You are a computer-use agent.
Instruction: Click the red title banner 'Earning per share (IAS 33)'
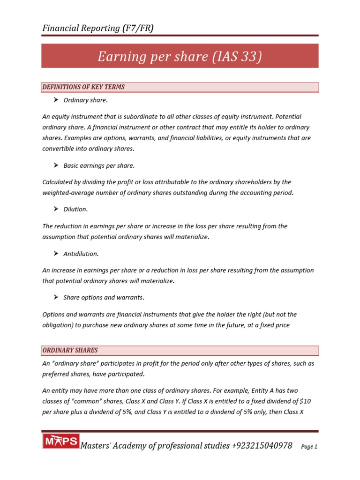tap(180, 56)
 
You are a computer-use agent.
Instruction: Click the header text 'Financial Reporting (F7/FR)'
tap(98, 28)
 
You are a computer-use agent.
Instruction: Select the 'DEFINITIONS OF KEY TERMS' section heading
tap(83, 87)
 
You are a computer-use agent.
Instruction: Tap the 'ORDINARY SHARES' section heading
tap(70, 351)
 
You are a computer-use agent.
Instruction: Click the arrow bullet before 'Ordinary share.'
tap(55, 100)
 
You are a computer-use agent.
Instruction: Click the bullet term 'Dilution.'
tap(75, 210)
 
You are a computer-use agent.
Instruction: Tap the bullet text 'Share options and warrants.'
tap(104, 298)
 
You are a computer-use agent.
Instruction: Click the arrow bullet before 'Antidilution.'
tap(55, 254)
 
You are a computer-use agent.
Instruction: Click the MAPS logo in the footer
tap(61, 442)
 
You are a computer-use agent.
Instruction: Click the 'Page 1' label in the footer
tap(309, 447)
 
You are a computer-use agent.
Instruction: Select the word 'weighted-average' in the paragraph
tap(66, 193)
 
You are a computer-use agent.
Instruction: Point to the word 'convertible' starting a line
tap(58, 149)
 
